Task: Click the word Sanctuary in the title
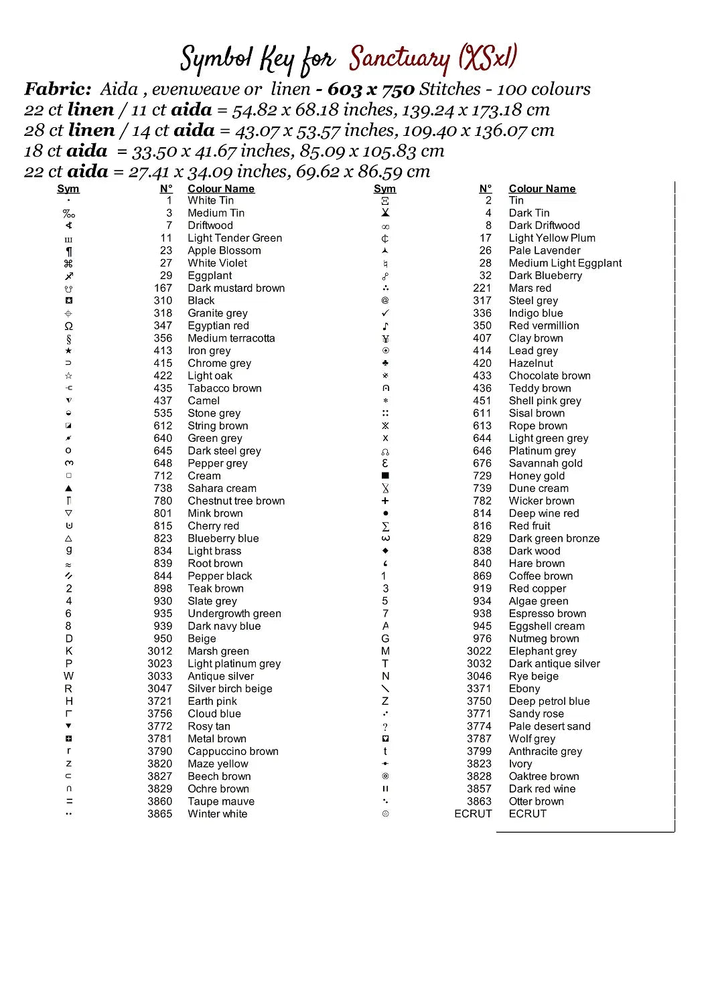click(x=399, y=59)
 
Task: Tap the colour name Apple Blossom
click(x=224, y=250)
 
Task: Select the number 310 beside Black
click(x=163, y=301)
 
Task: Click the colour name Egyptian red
click(x=218, y=326)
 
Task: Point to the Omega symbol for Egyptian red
click(x=68, y=326)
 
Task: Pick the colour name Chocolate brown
click(x=549, y=375)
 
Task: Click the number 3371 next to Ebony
click(x=479, y=689)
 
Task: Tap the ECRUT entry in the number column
click(x=473, y=814)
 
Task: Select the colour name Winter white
click(x=217, y=814)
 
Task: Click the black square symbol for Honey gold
click(x=385, y=476)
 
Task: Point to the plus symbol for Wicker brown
click(x=385, y=501)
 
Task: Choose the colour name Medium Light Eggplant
click(x=565, y=263)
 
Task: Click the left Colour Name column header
click(x=221, y=189)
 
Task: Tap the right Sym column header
click(x=384, y=189)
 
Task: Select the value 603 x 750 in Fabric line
click(x=371, y=90)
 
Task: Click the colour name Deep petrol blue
click(x=549, y=701)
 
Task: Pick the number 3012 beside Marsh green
click(x=160, y=651)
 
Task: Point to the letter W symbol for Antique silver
click(x=68, y=676)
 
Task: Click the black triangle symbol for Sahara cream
click(x=68, y=489)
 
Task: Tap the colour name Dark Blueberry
click(x=545, y=276)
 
